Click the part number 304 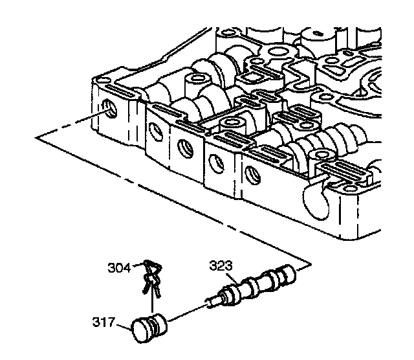[118, 266]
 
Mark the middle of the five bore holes [186, 148]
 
